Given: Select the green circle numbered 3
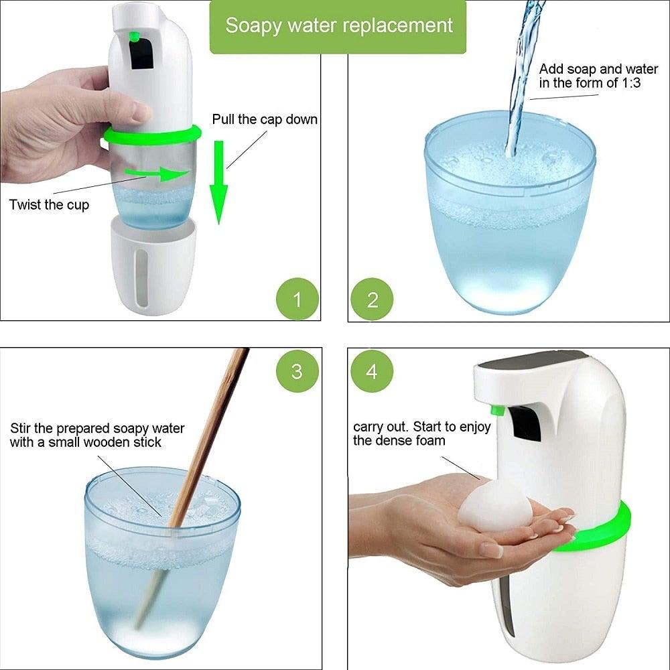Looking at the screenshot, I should tap(297, 371).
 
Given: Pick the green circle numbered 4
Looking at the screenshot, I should tap(373, 371).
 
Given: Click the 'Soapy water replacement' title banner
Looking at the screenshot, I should tap(338, 26).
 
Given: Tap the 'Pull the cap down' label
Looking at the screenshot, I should tap(265, 119).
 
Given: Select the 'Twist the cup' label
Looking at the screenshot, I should tap(49, 204).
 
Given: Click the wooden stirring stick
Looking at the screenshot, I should tap(201, 456).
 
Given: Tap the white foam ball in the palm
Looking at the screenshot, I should tap(494, 504).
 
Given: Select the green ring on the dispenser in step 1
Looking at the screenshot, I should tap(152, 135).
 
